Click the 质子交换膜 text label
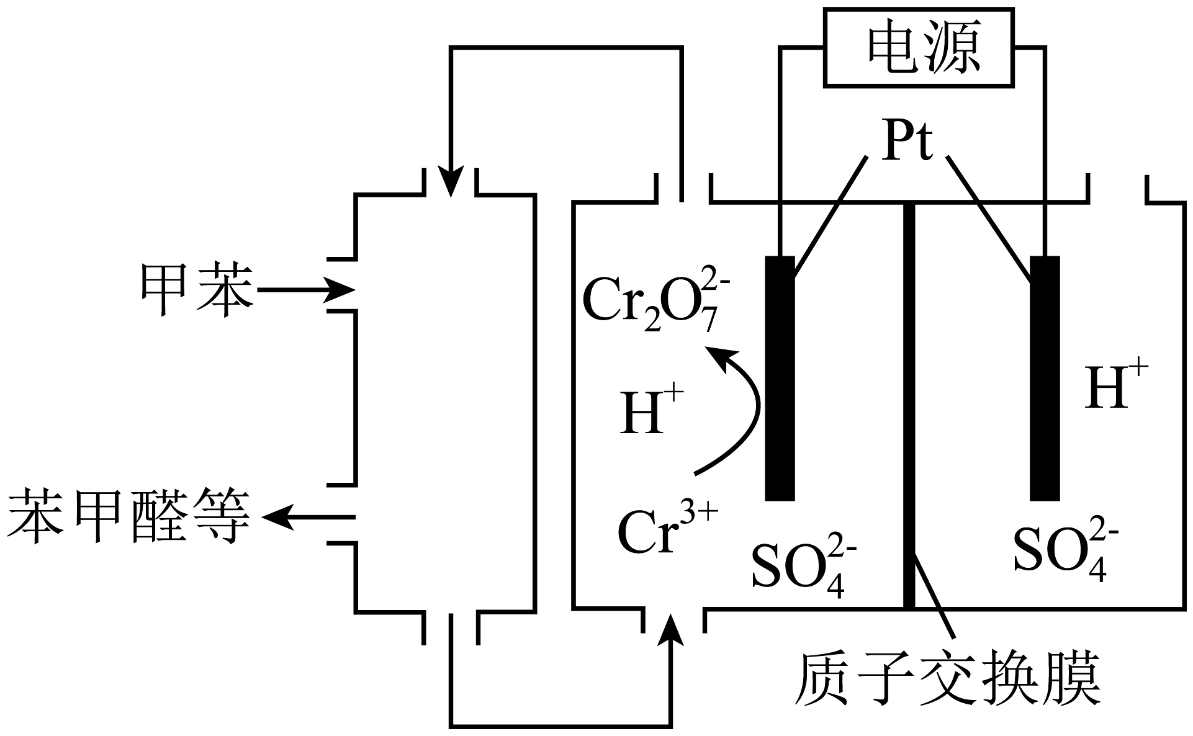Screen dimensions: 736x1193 coord(947,680)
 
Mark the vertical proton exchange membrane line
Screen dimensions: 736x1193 coord(909,403)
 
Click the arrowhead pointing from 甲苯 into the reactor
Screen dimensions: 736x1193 coord(341,290)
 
